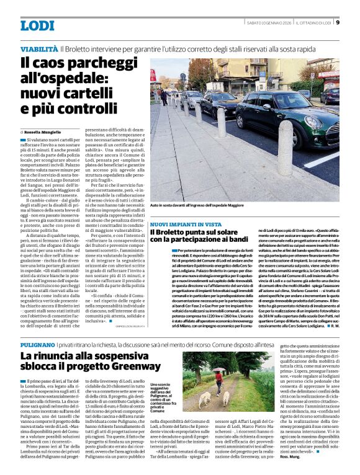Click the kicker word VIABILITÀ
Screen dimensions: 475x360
[x=39, y=48]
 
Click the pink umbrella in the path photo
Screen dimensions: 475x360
[x=218, y=372]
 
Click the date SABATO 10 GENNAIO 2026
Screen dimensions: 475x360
[x=269, y=24]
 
